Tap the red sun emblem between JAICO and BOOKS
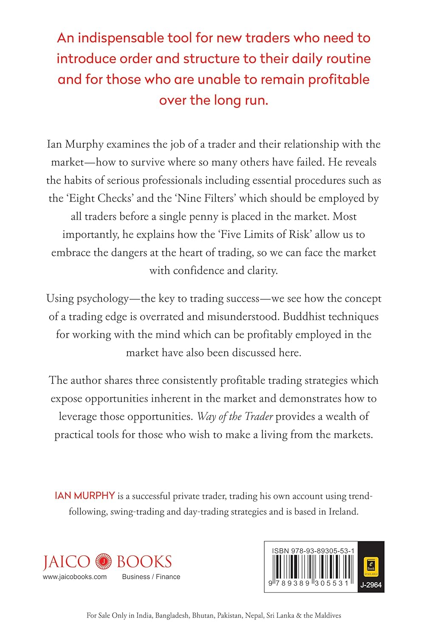point(103,561)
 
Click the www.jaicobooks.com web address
point(75,577)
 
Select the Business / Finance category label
point(151,577)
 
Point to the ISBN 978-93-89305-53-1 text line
point(313,551)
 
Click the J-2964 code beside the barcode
point(371,585)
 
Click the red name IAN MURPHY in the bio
point(85,496)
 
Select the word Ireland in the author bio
point(343,512)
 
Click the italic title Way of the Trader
point(235,417)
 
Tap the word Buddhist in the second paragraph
point(305,317)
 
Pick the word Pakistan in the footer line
point(229,615)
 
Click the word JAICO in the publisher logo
point(66,562)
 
